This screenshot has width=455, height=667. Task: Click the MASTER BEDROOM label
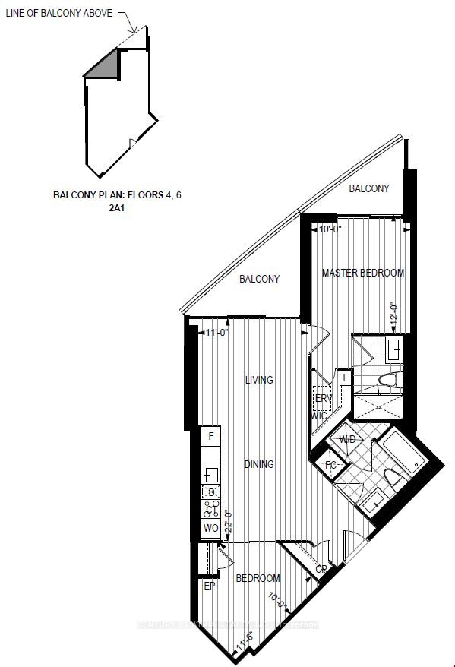coord(362,273)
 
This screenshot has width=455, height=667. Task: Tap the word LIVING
coord(258,380)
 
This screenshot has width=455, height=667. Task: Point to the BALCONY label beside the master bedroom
coord(369,188)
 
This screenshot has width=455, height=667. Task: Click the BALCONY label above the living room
coord(259,279)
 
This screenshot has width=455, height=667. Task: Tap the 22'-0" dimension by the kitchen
coord(226,525)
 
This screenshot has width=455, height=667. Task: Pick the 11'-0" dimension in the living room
coord(218,332)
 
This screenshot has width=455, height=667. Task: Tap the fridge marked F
coord(210,436)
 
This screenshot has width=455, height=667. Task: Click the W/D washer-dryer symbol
coord(347,440)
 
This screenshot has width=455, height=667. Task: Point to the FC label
coord(331,465)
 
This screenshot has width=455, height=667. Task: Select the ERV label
coord(321,398)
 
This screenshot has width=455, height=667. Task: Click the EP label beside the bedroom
coord(210,586)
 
